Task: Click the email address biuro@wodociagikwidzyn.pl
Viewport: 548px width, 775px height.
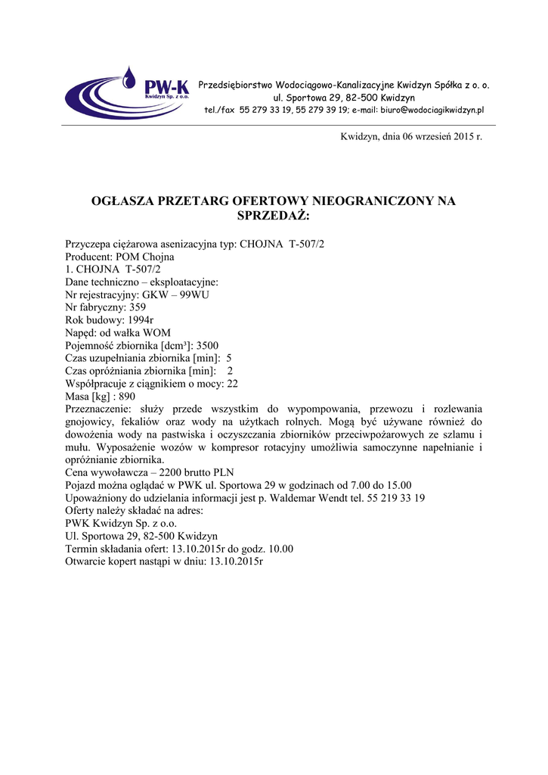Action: [x=432, y=110]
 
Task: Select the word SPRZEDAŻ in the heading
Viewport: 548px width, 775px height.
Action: [x=274, y=216]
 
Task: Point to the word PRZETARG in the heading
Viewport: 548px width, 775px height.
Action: [x=188, y=201]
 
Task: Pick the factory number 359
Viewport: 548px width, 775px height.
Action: [x=138, y=307]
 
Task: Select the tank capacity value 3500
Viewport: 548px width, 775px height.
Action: [x=207, y=345]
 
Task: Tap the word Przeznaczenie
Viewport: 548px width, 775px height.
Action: [x=98, y=409]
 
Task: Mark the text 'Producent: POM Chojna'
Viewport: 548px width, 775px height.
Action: [x=120, y=257]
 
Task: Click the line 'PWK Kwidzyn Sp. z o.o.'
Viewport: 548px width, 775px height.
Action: [x=122, y=523]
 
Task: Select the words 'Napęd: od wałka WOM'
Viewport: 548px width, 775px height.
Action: [x=119, y=332]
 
